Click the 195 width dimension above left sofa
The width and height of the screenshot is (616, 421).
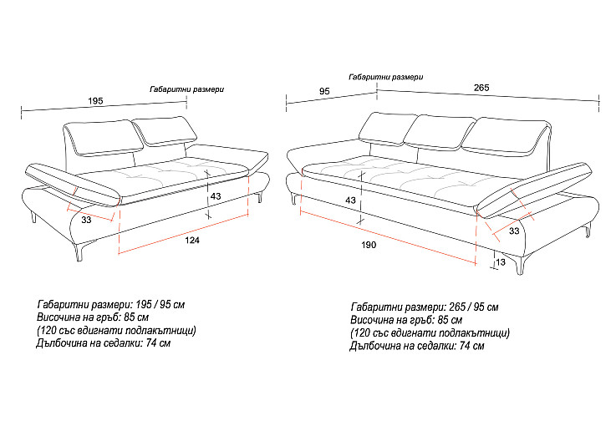tap(95, 100)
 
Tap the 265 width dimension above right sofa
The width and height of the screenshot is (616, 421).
tap(481, 88)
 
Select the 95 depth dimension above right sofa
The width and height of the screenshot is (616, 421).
tap(324, 92)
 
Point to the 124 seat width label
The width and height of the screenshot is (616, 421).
tap(192, 240)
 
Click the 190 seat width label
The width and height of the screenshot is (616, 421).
tap(369, 245)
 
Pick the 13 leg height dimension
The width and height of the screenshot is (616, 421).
tap(501, 262)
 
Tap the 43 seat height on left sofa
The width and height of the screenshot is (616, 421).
tap(216, 196)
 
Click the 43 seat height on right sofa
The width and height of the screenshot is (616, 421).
tap(350, 200)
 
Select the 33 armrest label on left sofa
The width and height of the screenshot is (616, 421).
tap(86, 220)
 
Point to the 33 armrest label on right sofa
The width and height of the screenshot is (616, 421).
tap(514, 231)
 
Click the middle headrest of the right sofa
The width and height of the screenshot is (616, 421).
tap(439, 132)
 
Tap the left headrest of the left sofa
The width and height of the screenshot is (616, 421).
tap(103, 138)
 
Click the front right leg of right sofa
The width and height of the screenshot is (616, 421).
tap(521, 265)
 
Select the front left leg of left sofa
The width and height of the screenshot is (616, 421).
tap(81, 251)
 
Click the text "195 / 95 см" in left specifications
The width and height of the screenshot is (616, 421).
tap(160, 304)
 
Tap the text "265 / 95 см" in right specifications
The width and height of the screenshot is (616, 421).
tap(474, 307)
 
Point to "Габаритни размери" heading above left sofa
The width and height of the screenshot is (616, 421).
tap(187, 89)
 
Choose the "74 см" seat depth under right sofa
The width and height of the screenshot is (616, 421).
tap(472, 346)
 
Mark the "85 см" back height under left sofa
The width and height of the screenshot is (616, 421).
tap(136, 317)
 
